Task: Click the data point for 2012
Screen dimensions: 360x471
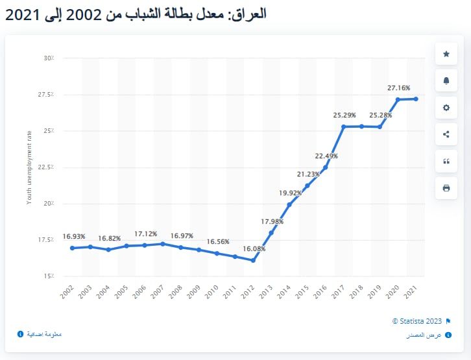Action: [253, 261]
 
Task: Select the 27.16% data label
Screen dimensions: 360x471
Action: [399, 88]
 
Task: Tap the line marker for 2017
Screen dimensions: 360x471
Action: [343, 126]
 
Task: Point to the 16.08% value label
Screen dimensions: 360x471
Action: [254, 248]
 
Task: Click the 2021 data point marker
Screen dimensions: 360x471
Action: [416, 99]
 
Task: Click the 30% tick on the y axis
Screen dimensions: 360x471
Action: [49, 58]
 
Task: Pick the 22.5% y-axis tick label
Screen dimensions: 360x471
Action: [45, 167]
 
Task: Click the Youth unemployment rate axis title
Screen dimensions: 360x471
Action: [29, 167]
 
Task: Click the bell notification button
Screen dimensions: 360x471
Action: [446, 80]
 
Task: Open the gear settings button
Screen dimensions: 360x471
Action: [446, 108]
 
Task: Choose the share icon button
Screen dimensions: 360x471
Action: [446, 134]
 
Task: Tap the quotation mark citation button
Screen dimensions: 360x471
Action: [446, 162]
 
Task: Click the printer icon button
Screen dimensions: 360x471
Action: [446, 188]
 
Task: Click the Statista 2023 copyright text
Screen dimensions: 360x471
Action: [417, 321]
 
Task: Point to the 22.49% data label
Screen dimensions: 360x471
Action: [326, 156]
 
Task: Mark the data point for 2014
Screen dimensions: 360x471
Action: [289, 204]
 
